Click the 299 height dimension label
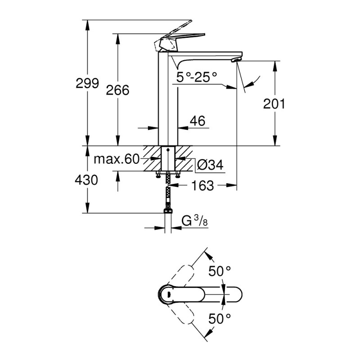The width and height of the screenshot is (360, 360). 88,84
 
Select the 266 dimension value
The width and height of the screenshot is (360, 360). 117,90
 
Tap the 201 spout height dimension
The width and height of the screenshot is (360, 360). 274,104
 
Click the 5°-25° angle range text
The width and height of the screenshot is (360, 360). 197,77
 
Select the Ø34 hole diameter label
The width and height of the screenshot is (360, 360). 210,165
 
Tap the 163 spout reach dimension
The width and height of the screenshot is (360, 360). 203,185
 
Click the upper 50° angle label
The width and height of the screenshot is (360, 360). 220,271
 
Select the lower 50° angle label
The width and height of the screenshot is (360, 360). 220,319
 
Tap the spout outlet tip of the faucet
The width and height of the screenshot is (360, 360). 236,59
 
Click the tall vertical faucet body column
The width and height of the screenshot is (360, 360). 168,99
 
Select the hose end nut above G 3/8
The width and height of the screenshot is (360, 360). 168,210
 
